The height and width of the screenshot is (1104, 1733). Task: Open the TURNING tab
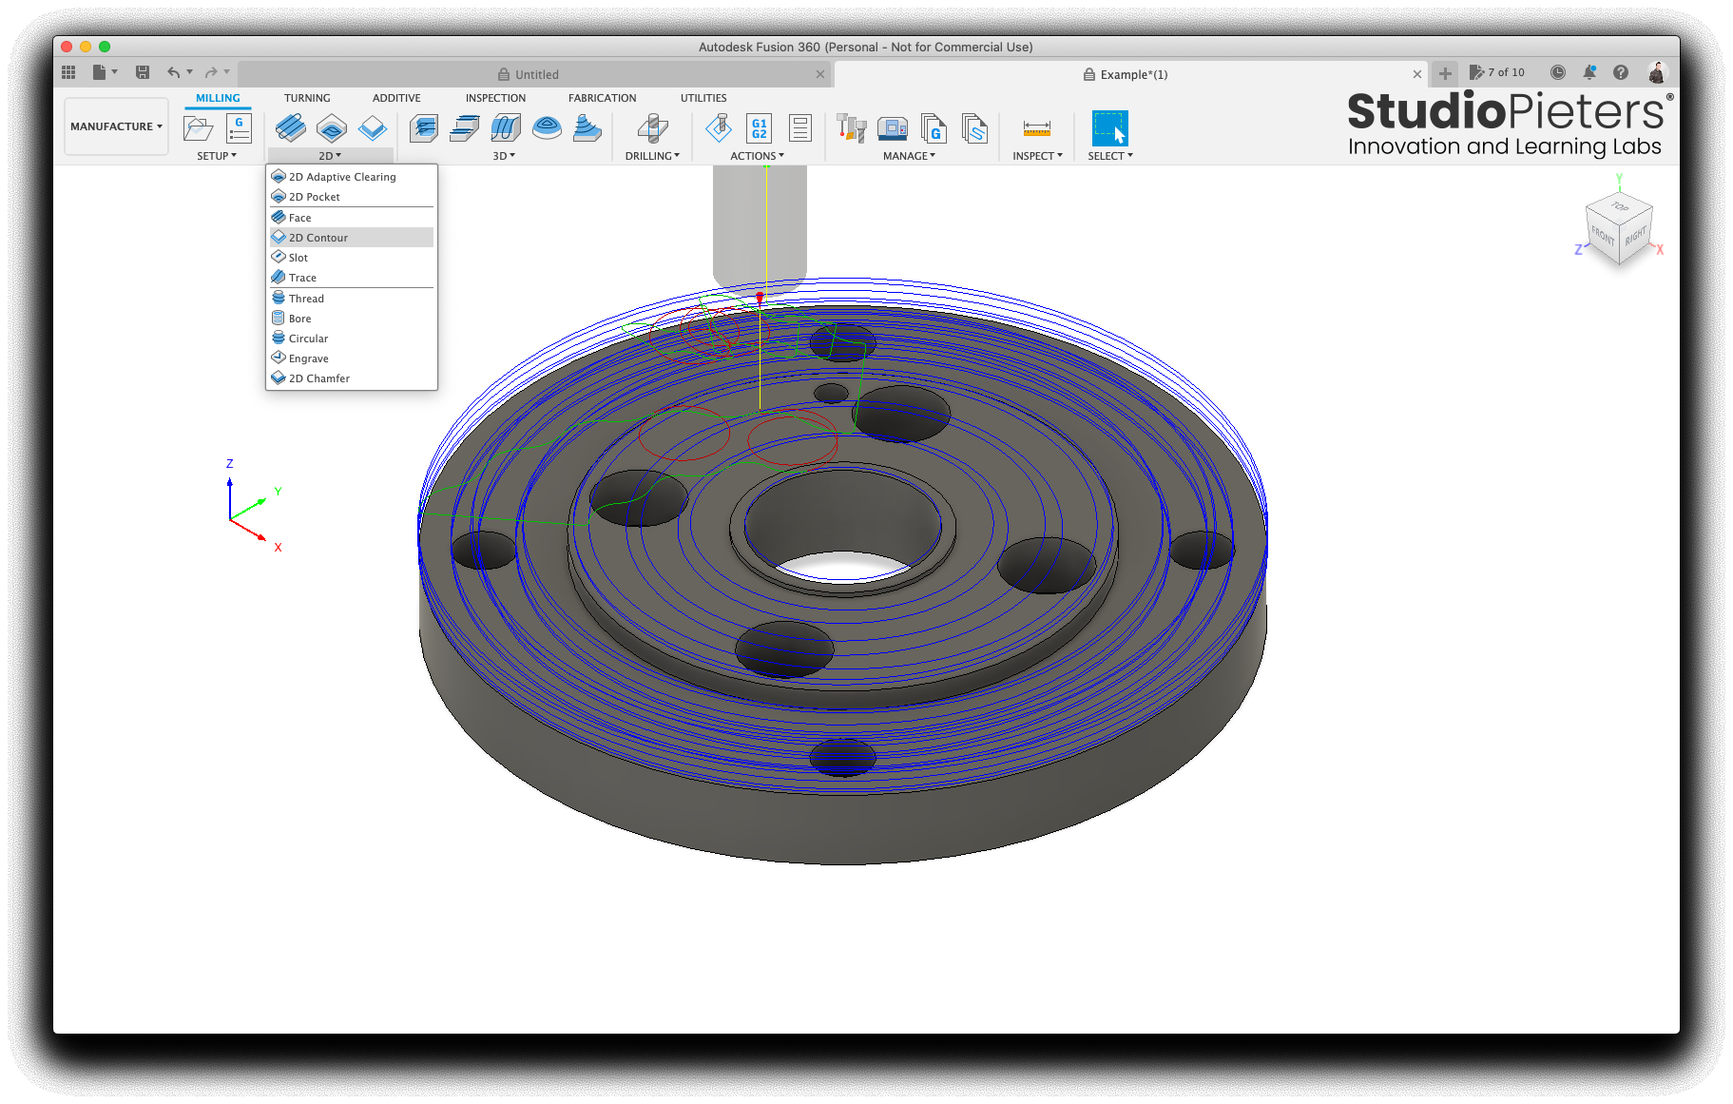coord(307,98)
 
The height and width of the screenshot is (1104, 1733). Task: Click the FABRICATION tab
coord(603,98)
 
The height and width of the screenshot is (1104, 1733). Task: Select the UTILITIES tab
coord(703,98)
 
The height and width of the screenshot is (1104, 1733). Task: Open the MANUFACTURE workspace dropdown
coord(116,126)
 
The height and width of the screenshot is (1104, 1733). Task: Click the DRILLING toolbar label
coord(652,156)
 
